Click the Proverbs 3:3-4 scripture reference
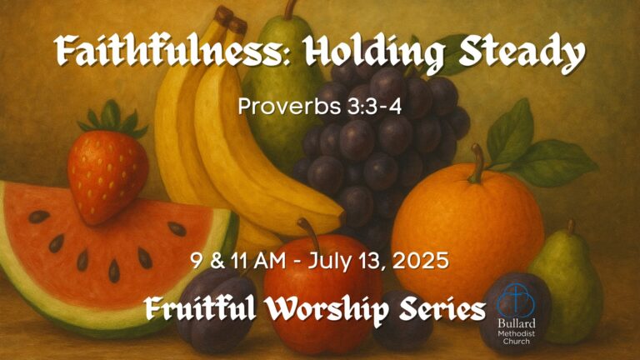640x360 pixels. [x=320, y=106]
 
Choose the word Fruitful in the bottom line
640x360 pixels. [x=201, y=307]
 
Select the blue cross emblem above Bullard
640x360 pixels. [x=516, y=300]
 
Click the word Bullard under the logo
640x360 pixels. [x=517, y=324]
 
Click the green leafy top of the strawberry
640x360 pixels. [x=112, y=118]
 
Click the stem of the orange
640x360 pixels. [x=477, y=163]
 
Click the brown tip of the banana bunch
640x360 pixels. [x=231, y=20]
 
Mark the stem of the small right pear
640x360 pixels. [x=572, y=227]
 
